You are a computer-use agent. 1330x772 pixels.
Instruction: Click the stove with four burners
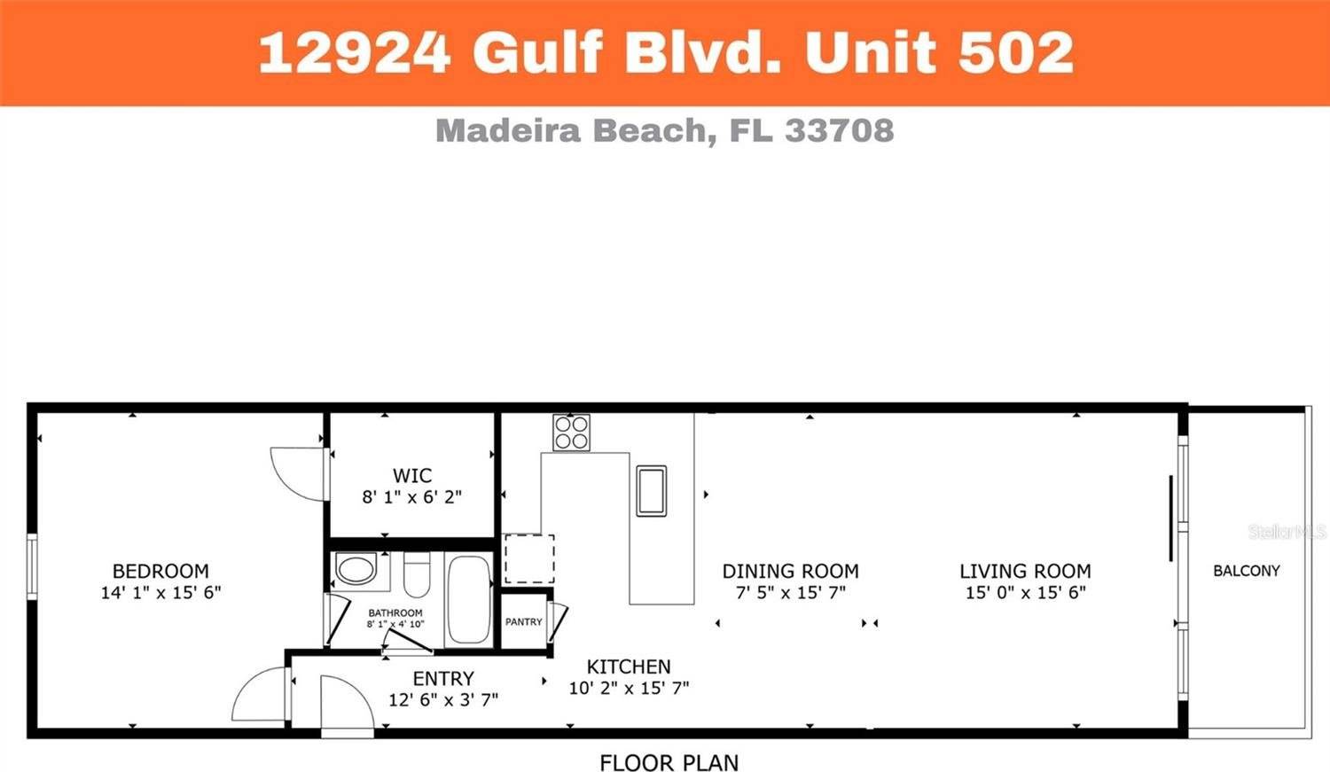[571, 433]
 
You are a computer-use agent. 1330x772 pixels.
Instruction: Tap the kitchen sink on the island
[651, 490]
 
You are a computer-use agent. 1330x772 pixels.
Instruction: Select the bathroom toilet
[417, 574]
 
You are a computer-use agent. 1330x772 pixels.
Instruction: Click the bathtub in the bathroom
[467, 598]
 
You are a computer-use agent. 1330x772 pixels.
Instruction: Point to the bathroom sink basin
[356, 569]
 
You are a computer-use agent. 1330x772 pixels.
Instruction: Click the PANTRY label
[523, 622]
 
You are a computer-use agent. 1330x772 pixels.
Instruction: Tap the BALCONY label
[1246, 571]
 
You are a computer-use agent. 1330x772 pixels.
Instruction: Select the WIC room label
[412, 476]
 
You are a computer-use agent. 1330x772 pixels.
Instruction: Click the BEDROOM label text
[160, 571]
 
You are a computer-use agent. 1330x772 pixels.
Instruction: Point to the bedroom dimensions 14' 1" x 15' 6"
[160, 593]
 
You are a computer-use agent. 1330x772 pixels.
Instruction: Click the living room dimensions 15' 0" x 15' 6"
[1025, 593]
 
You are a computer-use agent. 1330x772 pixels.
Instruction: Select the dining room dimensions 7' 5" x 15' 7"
[790, 593]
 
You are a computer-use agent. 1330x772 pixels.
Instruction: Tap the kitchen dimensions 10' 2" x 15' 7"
[629, 688]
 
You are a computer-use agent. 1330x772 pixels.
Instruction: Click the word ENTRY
[443, 679]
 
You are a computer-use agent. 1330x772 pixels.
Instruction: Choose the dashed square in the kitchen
[529, 558]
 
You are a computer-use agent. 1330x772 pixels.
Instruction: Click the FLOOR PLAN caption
[669, 762]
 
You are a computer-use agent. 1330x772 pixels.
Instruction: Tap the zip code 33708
[839, 131]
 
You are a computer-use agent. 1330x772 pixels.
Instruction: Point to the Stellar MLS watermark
[1287, 532]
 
